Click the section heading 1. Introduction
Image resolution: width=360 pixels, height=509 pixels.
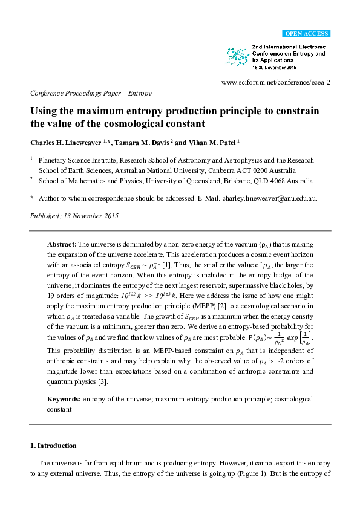tap(53, 446)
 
